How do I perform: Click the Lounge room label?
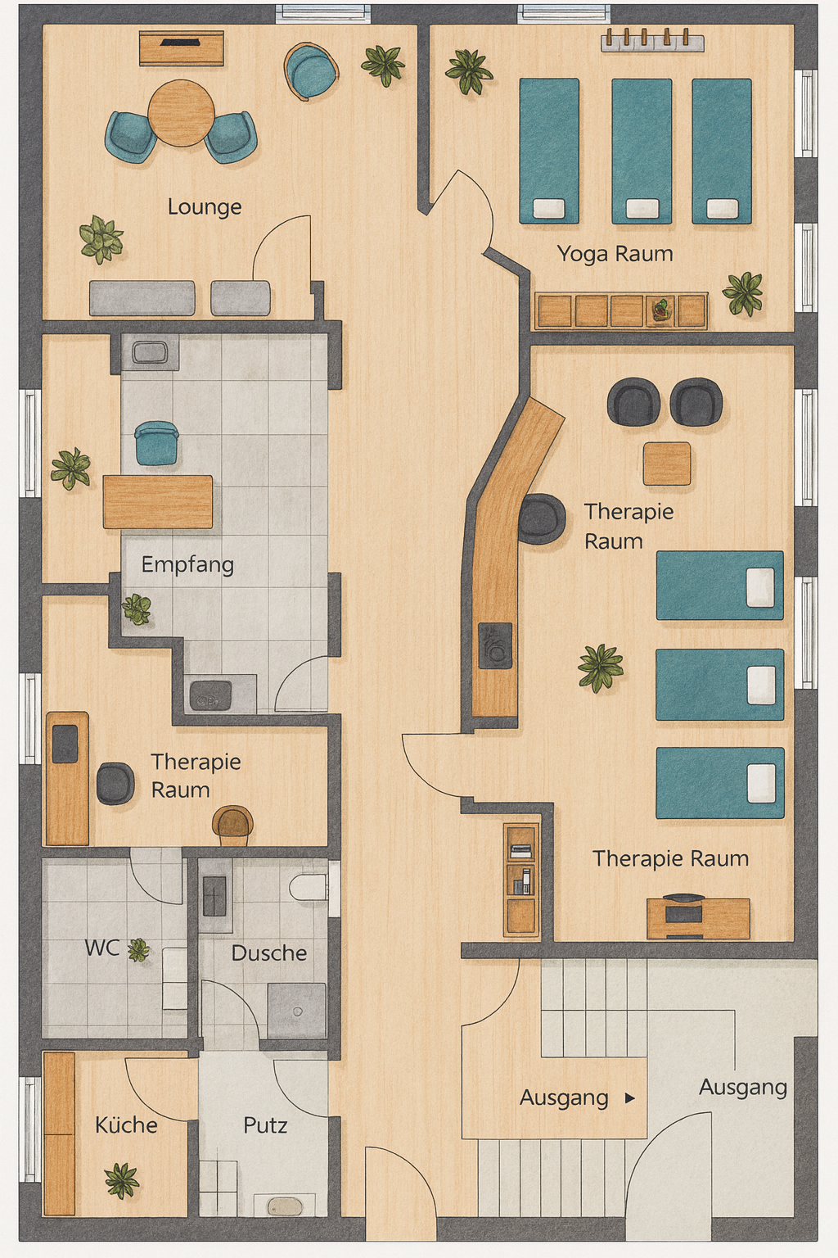pos(205,207)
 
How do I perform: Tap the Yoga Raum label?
pos(615,254)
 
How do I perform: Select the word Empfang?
pos(187,565)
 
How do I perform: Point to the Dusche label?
pos(269,953)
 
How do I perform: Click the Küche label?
pos(126,1125)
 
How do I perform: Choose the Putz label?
pos(265,1125)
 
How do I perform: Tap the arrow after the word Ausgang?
pos(630,1097)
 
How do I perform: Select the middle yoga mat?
pos(642,151)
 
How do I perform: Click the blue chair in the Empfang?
pos(156,443)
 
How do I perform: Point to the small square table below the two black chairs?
pos(667,464)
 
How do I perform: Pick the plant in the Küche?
pos(122,1180)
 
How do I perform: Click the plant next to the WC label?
pos(138,951)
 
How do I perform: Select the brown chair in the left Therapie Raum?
pos(232,825)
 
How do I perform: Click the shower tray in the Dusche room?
pos(296,1011)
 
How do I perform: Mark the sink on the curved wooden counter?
pos(495,645)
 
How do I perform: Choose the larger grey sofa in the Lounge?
pos(142,297)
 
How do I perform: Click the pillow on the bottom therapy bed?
pos(762,783)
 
